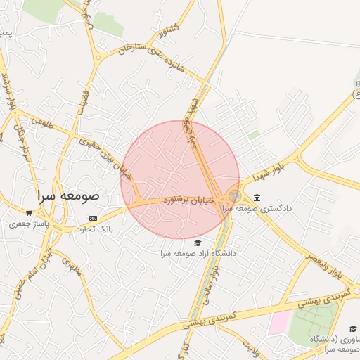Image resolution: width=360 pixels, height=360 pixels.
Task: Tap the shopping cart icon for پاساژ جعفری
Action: pyautogui.click(x=29, y=212)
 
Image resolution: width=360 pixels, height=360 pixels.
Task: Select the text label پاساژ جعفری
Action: pyautogui.click(x=27, y=224)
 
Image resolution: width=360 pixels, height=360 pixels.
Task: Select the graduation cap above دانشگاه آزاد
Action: pyautogui.click(x=197, y=242)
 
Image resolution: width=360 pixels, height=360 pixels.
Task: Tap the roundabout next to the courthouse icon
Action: pyautogui.click(x=234, y=196)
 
